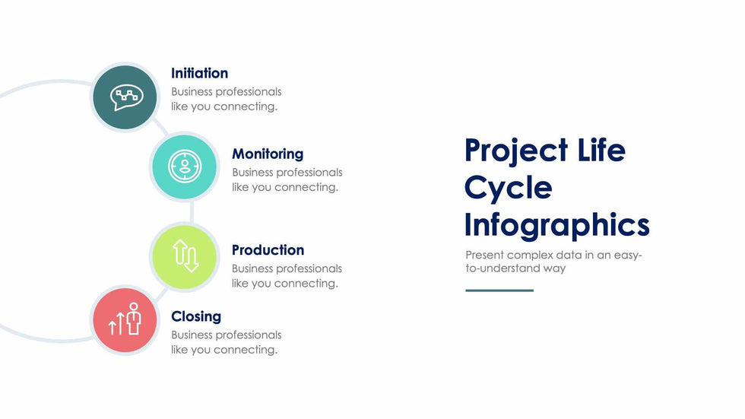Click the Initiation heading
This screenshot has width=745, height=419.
(199, 73)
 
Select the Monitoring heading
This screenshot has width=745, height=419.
(268, 154)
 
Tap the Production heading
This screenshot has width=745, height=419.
(268, 250)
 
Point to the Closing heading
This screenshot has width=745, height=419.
(196, 316)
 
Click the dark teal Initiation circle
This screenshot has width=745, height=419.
(125, 97)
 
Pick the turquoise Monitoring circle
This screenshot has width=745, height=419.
(184, 167)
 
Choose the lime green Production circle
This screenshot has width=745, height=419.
(184, 257)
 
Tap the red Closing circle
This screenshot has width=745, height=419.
(125, 319)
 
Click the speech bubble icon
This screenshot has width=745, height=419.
(126, 97)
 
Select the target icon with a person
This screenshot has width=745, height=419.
(185, 167)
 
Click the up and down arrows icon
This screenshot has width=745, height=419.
(185, 256)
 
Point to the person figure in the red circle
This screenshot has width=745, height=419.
(134, 319)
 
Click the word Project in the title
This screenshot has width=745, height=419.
(516, 151)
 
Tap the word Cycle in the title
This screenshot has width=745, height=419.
(508, 188)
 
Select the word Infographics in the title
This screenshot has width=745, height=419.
(556, 225)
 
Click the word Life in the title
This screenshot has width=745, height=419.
(601, 149)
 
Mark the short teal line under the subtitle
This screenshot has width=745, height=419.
(499, 290)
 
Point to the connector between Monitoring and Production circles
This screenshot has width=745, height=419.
(192, 212)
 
